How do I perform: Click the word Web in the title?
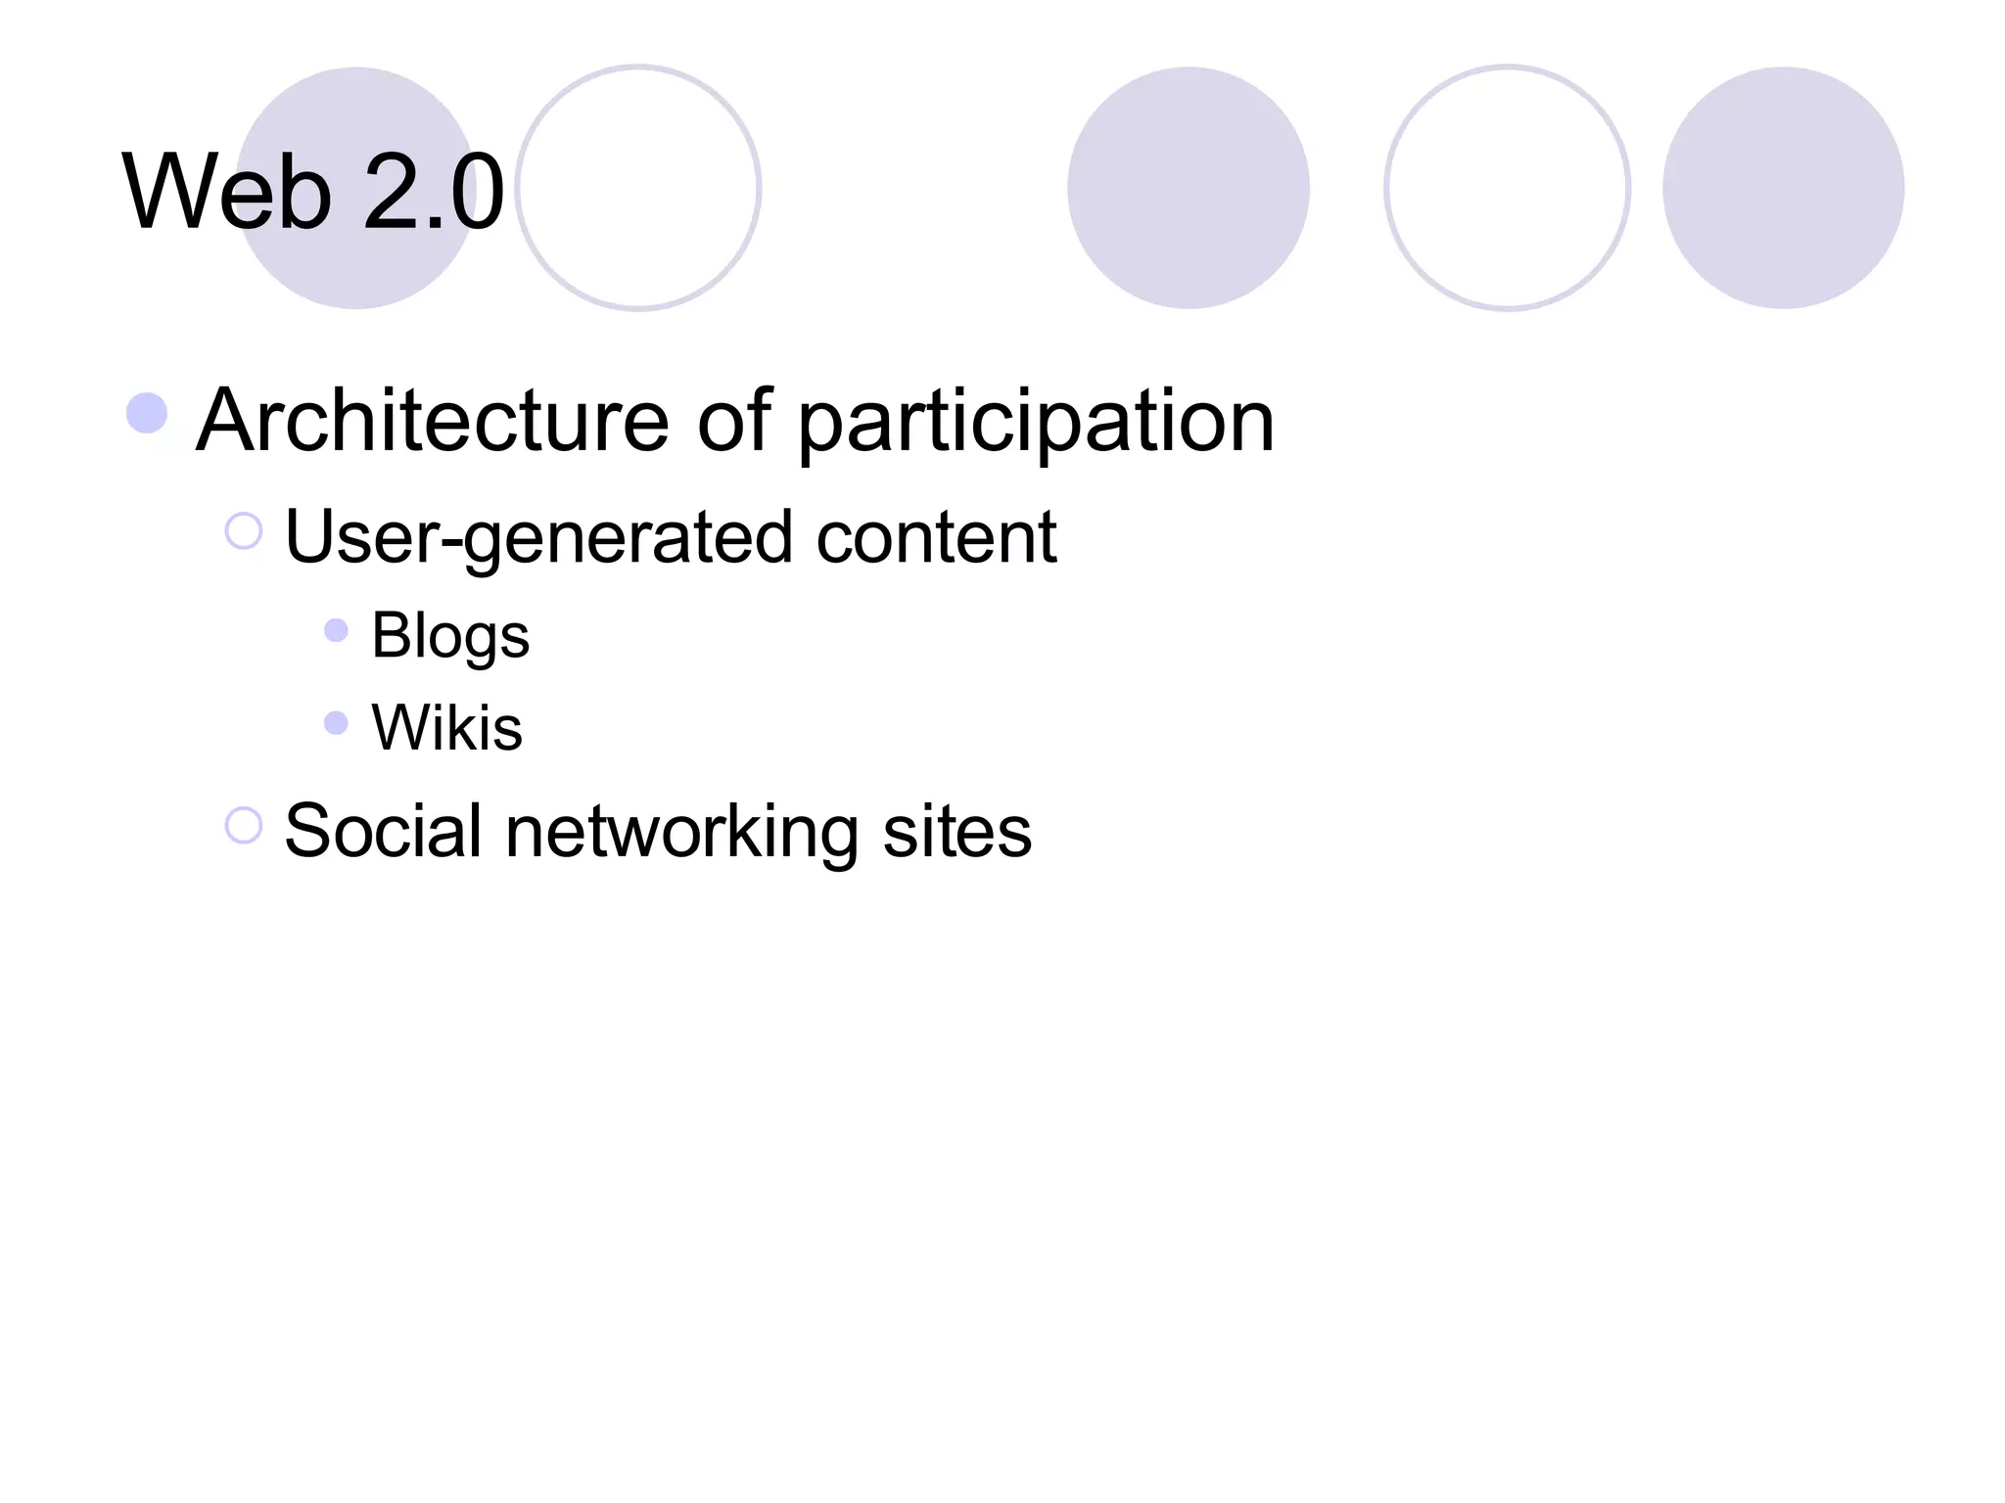point(226,192)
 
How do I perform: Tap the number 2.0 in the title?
point(434,192)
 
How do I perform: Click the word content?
point(936,538)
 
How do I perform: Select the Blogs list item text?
point(450,637)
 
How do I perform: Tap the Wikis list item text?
point(447,728)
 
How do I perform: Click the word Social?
point(383,832)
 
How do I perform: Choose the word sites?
point(956,832)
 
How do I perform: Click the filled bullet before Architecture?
point(147,413)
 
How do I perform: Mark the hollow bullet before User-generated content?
point(244,531)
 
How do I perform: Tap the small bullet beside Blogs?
point(336,630)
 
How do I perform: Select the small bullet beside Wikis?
point(336,723)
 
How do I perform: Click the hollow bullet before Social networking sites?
point(244,825)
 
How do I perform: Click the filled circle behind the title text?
point(356,188)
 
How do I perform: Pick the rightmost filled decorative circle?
point(1783,188)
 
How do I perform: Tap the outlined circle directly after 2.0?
point(638,188)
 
